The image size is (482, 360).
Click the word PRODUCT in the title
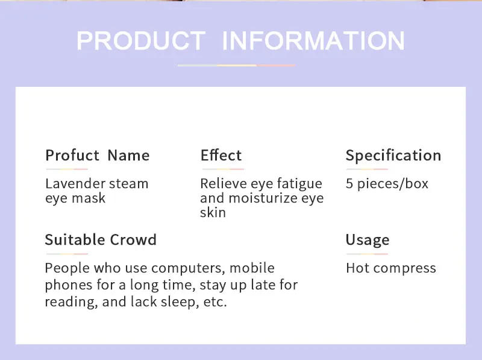[140, 41]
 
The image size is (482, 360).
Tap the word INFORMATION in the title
[313, 41]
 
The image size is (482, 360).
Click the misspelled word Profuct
[72, 155]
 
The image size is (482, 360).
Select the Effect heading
[221, 155]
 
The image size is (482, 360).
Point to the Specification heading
[393, 156]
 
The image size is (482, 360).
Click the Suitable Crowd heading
[101, 239]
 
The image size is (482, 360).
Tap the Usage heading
[368, 240]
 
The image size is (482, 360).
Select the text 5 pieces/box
[387, 183]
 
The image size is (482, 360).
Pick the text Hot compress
[391, 268]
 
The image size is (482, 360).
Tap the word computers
[186, 268]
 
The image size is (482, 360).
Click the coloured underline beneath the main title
[236, 65]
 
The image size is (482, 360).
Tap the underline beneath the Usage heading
[367, 254]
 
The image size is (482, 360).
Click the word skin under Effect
[213, 212]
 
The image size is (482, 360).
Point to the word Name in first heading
[128, 155]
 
